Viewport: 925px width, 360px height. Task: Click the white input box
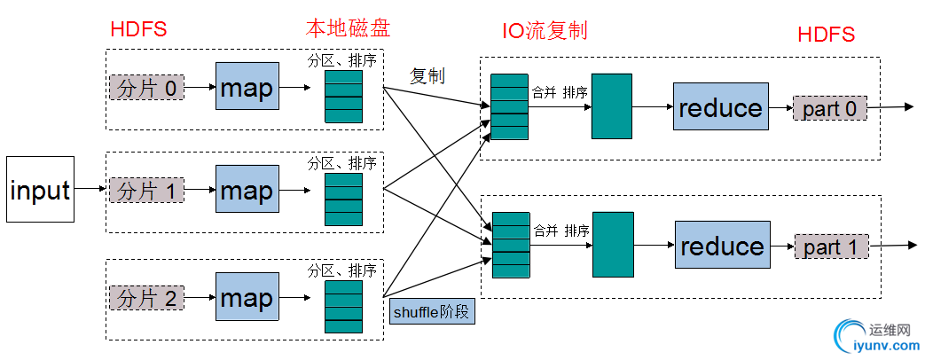coord(41,190)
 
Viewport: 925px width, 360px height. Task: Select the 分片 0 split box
coord(147,88)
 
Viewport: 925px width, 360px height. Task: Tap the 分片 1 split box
coord(147,191)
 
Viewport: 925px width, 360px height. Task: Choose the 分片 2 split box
coord(147,299)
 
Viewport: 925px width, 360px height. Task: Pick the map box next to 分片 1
coord(247,190)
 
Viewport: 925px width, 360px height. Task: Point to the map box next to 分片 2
coord(247,297)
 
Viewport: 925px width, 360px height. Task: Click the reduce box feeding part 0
coord(720,107)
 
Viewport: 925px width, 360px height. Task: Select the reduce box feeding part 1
coord(722,246)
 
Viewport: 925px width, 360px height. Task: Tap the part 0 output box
coord(830,109)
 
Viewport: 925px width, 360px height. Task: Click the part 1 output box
coord(831,247)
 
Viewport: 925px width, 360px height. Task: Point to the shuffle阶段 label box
coord(432,312)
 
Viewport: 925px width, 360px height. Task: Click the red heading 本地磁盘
coord(347,27)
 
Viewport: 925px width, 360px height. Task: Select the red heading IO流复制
coord(545,31)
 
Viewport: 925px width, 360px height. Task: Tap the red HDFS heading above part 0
coord(826,35)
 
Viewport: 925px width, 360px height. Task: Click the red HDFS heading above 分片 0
coord(138,29)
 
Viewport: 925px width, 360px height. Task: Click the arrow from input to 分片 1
coord(91,190)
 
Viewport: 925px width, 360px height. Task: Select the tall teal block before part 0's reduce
coord(611,107)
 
